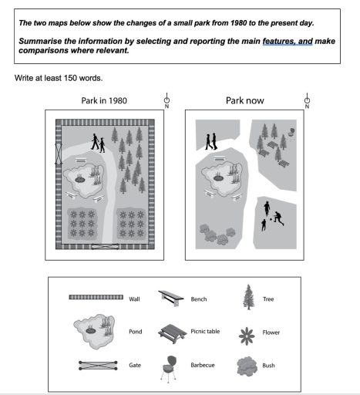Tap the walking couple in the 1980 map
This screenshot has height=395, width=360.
click(98, 143)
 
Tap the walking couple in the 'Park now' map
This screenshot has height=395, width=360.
click(210, 140)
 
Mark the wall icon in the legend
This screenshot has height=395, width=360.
click(96, 296)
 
